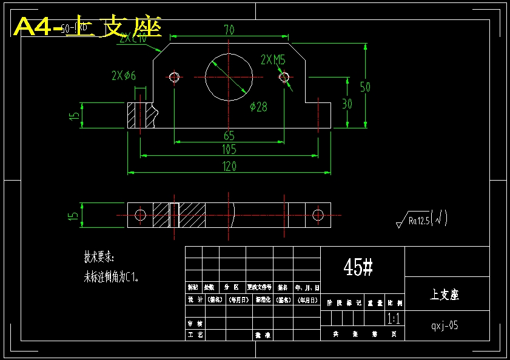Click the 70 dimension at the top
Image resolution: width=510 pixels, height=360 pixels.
click(x=229, y=29)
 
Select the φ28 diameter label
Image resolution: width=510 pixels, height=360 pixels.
click(x=258, y=107)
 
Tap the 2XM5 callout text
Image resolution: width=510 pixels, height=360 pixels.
click(x=273, y=59)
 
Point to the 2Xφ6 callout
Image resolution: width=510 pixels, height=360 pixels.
click(x=124, y=75)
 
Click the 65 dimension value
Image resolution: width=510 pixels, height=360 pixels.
click(x=229, y=135)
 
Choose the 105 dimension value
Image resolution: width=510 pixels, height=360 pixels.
click(x=229, y=150)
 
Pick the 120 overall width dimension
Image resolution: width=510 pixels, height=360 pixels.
click(x=229, y=167)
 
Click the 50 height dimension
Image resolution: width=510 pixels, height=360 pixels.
click(x=365, y=87)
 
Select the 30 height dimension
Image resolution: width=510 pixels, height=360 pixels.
click(x=347, y=104)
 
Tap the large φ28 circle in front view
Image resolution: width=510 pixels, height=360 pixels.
click(x=229, y=77)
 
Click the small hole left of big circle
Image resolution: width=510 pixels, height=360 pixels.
click(x=175, y=77)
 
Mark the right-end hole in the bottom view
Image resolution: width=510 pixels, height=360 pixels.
click(x=318, y=215)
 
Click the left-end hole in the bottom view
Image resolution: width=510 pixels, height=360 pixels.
click(x=141, y=215)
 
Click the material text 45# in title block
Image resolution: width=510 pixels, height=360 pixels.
click(x=358, y=267)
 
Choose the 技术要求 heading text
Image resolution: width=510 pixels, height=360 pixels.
click(x=99, y=257)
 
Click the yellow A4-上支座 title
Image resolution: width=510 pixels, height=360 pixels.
click(x=87, y=28)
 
